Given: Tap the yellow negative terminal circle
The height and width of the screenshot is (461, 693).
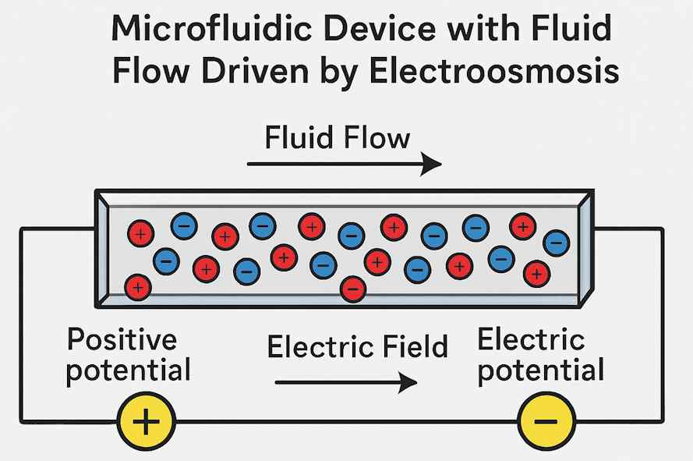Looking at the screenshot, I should click(547, 422).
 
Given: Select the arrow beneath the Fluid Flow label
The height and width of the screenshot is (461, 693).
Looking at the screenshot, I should click(344, 164).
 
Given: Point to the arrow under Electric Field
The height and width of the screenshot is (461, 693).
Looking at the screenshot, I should click(346, 382).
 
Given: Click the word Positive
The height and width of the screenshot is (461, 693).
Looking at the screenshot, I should click(122, 340).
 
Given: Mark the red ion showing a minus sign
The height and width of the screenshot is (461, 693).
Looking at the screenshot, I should click(353, 289).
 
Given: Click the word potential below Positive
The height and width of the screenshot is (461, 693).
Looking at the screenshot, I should click(128, 371).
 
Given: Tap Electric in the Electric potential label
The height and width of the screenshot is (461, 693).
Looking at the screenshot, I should click(531, 340).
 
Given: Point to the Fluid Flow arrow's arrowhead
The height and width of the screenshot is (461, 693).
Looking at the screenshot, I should click(433, 164).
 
